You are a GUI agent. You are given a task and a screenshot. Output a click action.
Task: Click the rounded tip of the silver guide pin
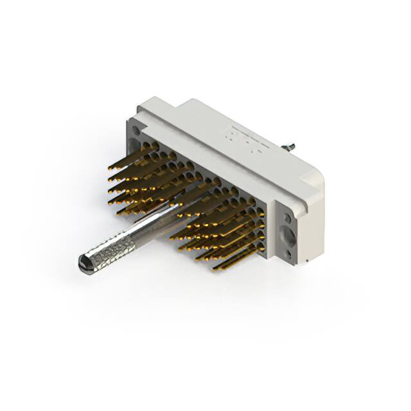click(x=82, y=262)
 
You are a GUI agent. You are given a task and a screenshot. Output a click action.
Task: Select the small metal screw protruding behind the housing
click(x=291, y=146)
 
